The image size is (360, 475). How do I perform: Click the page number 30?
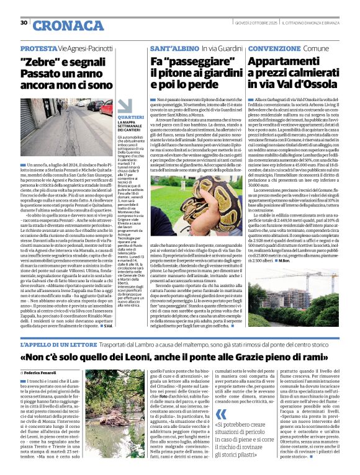(24, 23)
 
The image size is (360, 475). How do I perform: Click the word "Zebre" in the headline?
(37, 62)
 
